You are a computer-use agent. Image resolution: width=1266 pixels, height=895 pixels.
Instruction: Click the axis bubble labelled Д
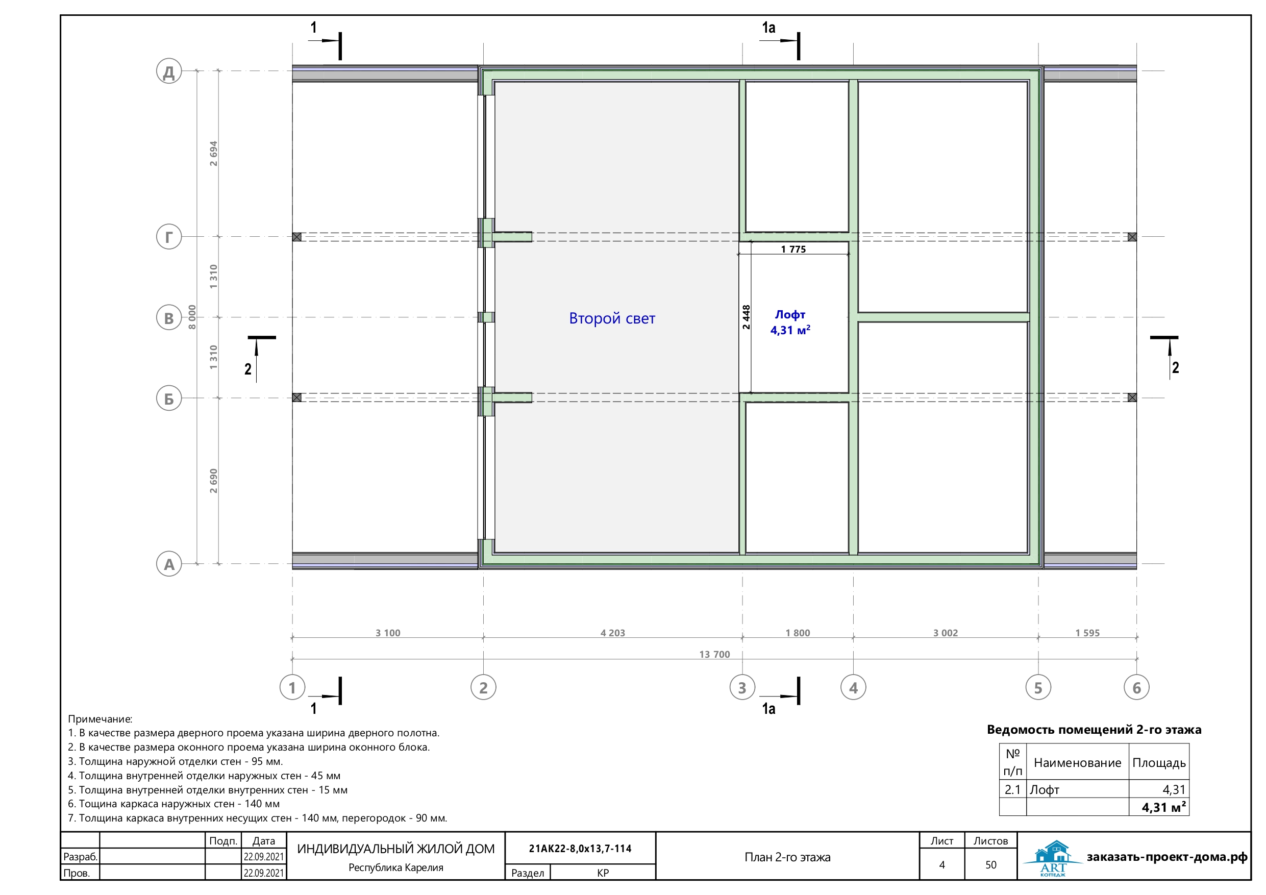coord(169,71)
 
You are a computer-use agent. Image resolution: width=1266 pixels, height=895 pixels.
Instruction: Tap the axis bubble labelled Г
coord(169,237)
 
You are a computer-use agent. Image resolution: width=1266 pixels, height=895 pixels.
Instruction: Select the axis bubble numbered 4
coord(853,687)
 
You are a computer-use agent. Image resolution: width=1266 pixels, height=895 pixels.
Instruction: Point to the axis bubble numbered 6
coord(1136,687)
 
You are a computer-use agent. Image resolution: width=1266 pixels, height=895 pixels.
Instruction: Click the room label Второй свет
coord(612,318)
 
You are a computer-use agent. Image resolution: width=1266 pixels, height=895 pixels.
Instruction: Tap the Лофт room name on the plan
coord(790,314)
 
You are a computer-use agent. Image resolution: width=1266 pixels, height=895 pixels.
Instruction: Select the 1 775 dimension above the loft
coord(793,249)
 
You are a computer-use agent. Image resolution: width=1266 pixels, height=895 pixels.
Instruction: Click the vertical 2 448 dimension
coord(746,317)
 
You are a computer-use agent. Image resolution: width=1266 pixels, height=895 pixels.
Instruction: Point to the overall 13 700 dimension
coord(714,654)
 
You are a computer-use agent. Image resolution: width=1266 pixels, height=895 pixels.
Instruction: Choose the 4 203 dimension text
coord(613,633)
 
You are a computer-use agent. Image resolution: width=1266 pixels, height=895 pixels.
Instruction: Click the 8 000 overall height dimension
coord(192,317)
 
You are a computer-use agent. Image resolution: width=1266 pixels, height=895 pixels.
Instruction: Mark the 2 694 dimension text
coord(213,153)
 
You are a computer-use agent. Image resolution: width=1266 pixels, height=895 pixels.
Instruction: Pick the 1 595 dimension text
coord(1087,633)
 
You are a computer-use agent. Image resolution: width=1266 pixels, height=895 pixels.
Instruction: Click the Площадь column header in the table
coord(1159,763)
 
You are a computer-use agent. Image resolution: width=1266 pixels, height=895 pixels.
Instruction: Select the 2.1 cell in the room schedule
coord(1012,789)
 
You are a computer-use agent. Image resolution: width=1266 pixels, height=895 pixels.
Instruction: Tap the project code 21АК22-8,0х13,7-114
coord(580,848)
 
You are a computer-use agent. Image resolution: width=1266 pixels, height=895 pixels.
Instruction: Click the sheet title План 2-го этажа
coord(787,857)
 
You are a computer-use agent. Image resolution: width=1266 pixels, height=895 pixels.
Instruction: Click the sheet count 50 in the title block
coord(991,865)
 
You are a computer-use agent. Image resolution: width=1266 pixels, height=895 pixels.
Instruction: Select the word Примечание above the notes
coord(100,719)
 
